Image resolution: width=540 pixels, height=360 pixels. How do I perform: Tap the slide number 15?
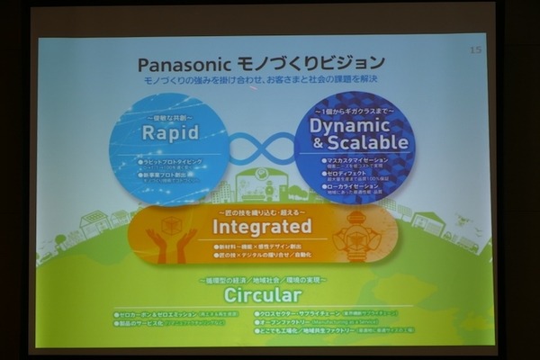476,49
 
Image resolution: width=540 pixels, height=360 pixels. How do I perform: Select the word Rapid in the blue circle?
169,132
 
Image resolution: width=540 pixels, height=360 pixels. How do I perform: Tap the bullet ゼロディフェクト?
351,172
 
